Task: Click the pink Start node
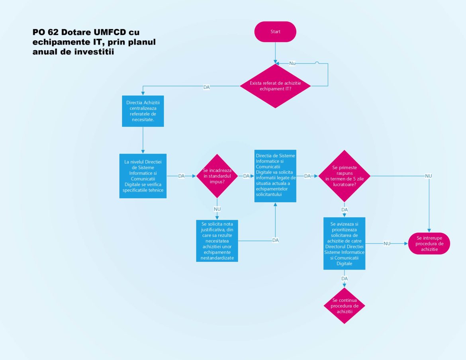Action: pyautogui.click(x=275, y=32)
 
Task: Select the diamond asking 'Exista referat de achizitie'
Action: pyautogui.click(x=275, y=86)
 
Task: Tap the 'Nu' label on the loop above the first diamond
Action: pyautogui.click(x=292, y=63)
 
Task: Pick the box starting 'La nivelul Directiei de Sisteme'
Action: pyautogui.click(x=143, y=176)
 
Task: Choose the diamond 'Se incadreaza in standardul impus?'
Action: pyautogui.click(x=217, y=176)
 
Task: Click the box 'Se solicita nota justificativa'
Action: pyautogui.click(x=217, y=241)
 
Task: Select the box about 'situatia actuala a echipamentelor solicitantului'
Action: pyautogui.click(x=276, y=176)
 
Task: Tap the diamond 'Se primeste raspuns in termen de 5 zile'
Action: pyautogui.click(x=345, y=176)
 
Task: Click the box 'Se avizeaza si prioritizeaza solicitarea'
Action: pyautogui.click(x=345, y=243)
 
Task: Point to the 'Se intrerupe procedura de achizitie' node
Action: pyautogui.click(x=429, y=243)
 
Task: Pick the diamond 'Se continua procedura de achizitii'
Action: pyautogui.click(x=345, y=306)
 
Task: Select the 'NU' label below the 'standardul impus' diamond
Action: pyautogui.click(x=217, y=209)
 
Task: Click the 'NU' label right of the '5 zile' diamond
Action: pyautogui.click(x=429, y=176)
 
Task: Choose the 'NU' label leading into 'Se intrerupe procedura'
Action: pyautogui.click(x=387, y=243)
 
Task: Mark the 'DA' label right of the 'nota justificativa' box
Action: pyautogui.click(x=275, y=240)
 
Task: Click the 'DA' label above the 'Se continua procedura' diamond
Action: pyautogui.click(x=345, y=278)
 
